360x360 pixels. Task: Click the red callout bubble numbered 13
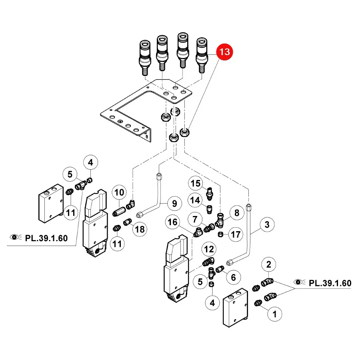coord(224,52)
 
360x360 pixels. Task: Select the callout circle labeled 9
coord(174,204)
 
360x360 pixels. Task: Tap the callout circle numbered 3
coord(267,224)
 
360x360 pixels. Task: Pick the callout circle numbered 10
coord(119,192)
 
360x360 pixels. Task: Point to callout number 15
coord(195,183)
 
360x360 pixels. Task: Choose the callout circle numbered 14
coord(195,200)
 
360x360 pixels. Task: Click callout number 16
coord(172,222)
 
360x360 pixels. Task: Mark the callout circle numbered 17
coord(236,234)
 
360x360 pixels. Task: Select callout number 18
coord(140,229)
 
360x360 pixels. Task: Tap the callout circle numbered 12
coord(209,249)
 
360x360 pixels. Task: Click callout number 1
coord(274,314)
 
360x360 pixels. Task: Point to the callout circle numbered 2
coord(269,264)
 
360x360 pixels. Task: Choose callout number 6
coord(233,277)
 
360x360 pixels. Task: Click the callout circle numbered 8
coord(237,213)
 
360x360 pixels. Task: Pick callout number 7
coord(195,220)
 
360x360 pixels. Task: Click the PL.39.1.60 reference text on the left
coord(46,238)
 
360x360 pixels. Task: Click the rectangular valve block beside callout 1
coord(236,308)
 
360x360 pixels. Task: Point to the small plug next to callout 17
coord(220,234)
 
